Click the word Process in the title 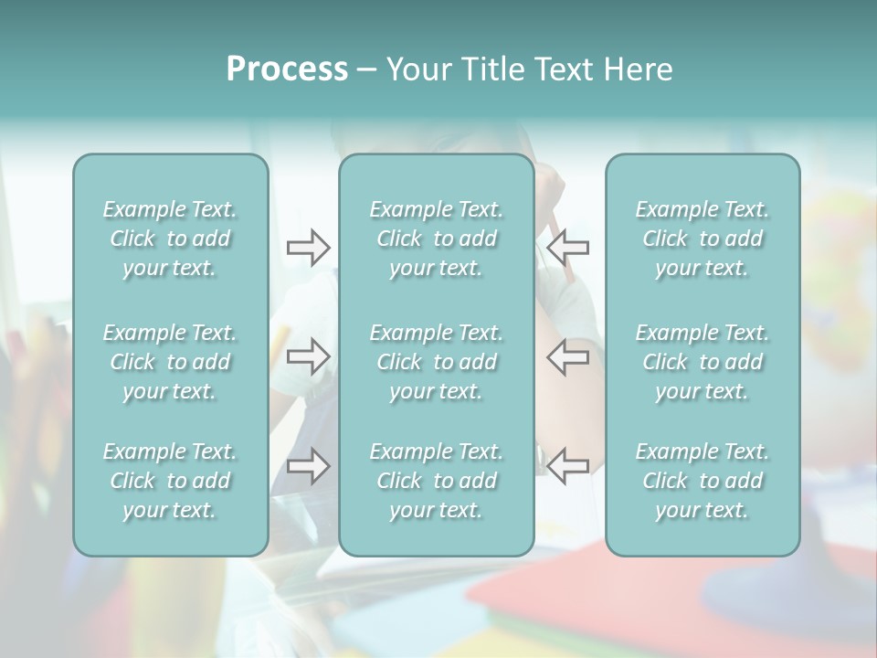point(287,69)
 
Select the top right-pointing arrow point(308,248)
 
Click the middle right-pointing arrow point(308,356)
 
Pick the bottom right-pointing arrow point(308,466)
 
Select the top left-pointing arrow point(567,248)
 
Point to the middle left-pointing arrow point(567,356)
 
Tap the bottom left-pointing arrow point(567,466)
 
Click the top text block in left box point(170,239)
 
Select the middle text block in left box point(170,362)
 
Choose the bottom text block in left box point(170,481)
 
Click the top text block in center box point(437,239)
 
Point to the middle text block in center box point(437,362)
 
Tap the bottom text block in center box point(437,481)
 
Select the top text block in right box point(703,239)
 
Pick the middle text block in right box point(703,362)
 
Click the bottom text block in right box point(703,481)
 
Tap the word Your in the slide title point(416,69)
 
